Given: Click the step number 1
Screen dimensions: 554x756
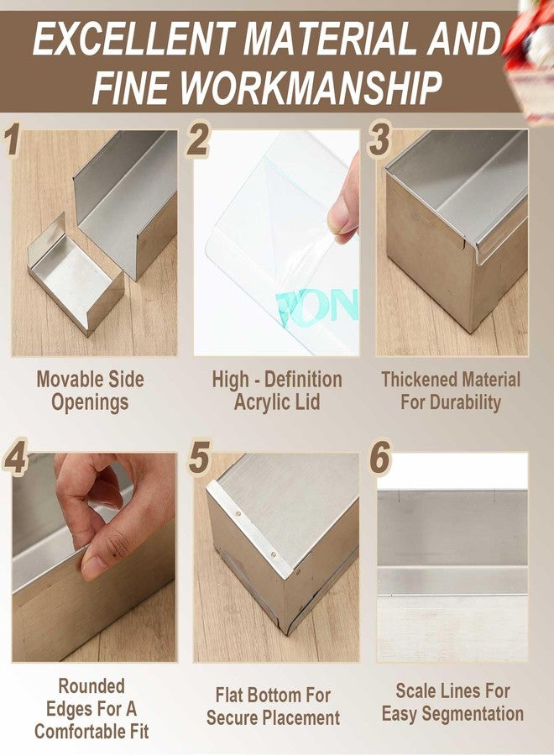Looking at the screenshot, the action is [13, 139].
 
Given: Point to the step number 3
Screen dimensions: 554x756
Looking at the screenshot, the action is [379, 139].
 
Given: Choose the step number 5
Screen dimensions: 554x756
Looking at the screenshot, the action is [199, 457].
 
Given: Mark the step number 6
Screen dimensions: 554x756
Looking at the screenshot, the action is [380, 457].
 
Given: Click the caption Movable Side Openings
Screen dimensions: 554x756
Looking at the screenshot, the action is [90, 391].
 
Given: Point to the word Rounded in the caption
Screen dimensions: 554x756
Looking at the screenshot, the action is [91, 686].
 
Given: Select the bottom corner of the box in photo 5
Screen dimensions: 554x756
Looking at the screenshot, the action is [288, 633].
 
